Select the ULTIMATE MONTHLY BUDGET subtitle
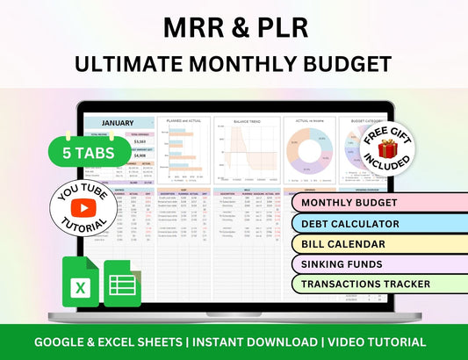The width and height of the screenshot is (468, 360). (x=234, y=64)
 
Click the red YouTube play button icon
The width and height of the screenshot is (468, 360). (x=83, y=208)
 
